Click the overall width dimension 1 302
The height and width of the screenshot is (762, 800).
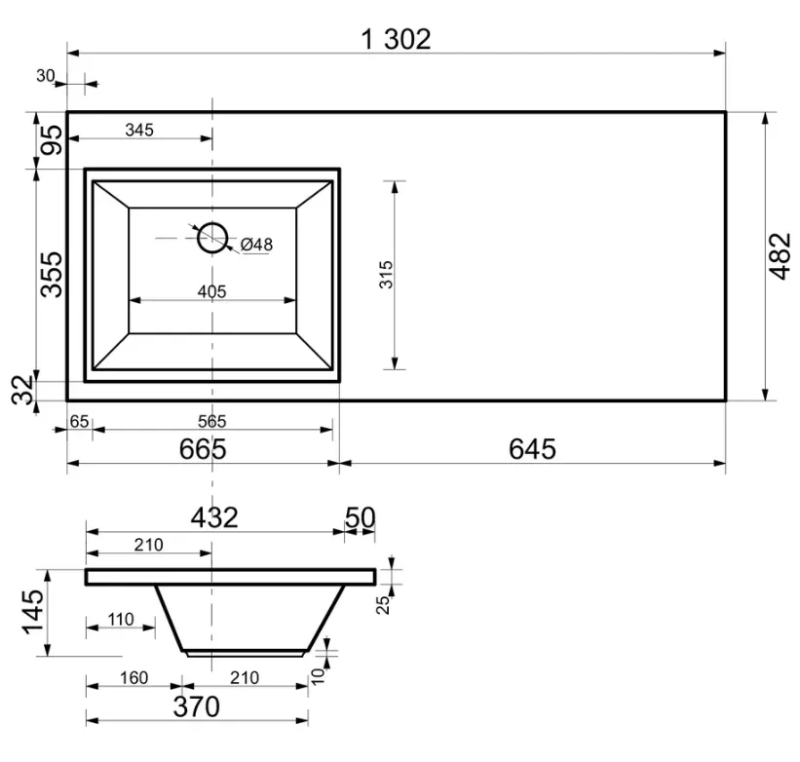coord(396,39)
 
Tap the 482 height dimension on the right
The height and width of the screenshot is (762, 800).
coord(780,256)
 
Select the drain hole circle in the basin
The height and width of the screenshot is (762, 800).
coord(212,238)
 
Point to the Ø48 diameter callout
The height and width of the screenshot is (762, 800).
coord(256,245)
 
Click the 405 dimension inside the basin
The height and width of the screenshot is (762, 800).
coord(211,291)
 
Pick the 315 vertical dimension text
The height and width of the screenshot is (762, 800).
coord(386,275)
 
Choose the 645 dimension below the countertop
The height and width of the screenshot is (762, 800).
coord(532,449)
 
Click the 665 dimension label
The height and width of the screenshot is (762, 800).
coord(203,449)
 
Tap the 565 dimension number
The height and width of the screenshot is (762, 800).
coord(211,421)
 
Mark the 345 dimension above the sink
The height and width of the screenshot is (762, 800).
coord(139,130)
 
